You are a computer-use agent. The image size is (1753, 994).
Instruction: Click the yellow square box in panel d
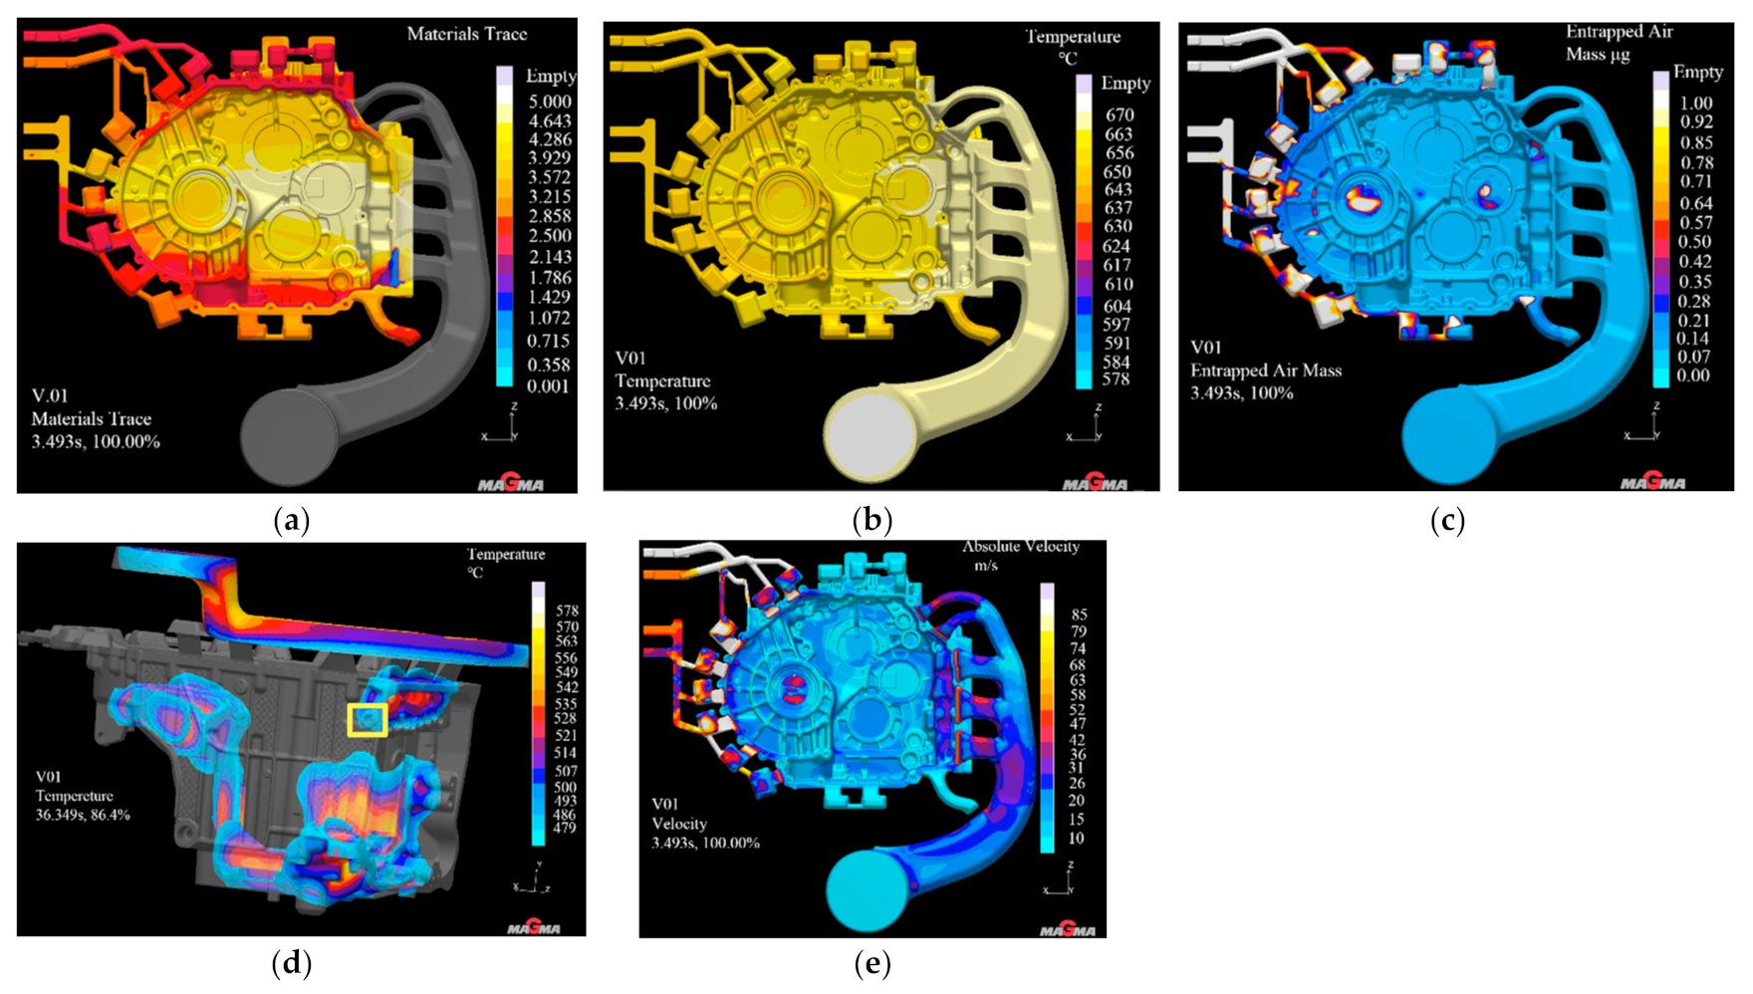click(x=368, y=720)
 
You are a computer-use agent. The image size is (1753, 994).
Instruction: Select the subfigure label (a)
click(x=291, y=520)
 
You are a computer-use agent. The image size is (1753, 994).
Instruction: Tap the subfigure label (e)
click(x=873, y=963)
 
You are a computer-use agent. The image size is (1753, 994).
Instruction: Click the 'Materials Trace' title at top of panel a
click(x=466, y=34)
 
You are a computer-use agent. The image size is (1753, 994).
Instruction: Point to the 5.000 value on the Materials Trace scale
click(x=550, y=102)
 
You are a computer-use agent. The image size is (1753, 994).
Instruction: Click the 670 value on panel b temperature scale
click(x=1119, y=116)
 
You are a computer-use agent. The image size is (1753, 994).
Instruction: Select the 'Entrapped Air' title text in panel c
click(x=1619, y=32)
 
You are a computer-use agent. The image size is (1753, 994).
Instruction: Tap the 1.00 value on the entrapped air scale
click(x=1695, y=104)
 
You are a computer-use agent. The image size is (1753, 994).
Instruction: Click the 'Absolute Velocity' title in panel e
click(x=1020, y=547)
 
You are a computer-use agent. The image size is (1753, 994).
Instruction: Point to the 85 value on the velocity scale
click(x=1078, y=615)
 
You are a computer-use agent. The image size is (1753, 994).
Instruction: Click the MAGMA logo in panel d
click(x=533, y=927)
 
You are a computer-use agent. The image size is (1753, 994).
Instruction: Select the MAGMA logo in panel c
click(x=1652, y=483)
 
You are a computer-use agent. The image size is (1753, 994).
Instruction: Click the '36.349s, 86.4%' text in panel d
click(x=83, y=815)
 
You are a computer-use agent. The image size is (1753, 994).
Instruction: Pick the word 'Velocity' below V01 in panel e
click(x=678, y=824)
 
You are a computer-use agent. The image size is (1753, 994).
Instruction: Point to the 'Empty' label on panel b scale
click(x=1126, y=84)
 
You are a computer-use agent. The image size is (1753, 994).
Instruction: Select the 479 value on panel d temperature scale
click(x=565, y=828)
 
